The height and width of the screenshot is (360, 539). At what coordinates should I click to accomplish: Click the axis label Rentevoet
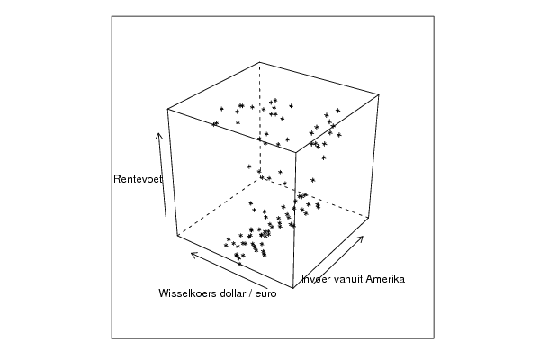coord(138,179)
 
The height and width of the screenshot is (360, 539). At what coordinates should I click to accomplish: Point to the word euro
coord(265,294)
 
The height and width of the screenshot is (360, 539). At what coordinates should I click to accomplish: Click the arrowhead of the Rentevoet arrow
coord(158,133)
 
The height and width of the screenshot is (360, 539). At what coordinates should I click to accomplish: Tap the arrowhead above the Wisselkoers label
coord(191,255)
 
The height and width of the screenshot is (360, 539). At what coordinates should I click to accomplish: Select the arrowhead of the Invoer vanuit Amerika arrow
coord(363,237)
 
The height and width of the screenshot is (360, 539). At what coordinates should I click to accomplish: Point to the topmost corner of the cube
coord(260,62)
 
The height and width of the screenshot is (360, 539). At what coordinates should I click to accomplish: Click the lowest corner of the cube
coord(292,288)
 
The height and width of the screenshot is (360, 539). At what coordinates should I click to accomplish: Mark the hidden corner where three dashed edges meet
coord(260,179)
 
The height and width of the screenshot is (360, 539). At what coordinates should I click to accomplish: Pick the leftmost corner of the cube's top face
coord(167,109)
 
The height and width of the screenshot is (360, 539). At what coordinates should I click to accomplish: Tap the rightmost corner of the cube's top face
coord(379,94)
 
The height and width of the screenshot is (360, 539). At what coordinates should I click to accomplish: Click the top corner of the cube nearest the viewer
coord(296,151)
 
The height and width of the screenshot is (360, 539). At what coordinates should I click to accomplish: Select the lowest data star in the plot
coord(239,264)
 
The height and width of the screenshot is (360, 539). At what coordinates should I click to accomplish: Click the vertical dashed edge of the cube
coord(260,121)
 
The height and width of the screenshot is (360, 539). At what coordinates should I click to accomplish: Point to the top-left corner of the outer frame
coord(112,16)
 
